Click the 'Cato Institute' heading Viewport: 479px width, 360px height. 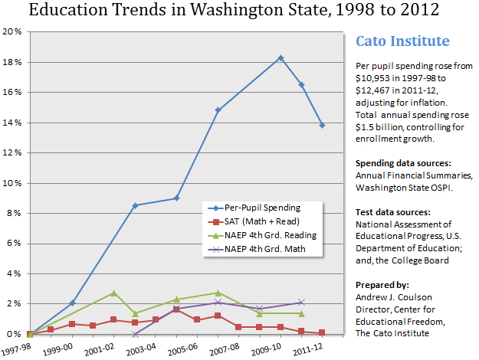pos(402,41)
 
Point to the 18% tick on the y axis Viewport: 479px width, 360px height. pos(11,62)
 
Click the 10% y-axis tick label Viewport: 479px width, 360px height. pos(11,183)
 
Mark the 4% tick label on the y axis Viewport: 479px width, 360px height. pos(14,273)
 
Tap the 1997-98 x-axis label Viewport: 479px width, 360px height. pos(15,349)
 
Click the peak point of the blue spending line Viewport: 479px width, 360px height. pos(281,57)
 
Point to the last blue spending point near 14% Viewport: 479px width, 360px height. pos(323,125)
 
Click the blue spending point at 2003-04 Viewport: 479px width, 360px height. pos(135,205)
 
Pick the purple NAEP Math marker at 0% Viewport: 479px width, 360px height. pos(135,334)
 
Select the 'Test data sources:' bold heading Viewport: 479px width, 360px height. pos(389,211)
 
